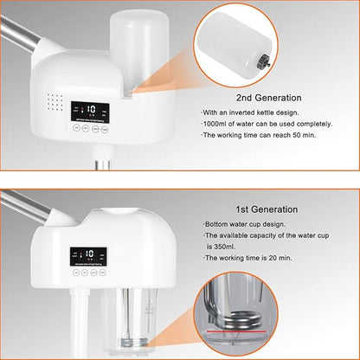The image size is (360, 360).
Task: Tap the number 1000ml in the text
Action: click(x=217, y=127)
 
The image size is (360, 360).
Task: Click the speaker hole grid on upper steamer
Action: click(x=51, y=105)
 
